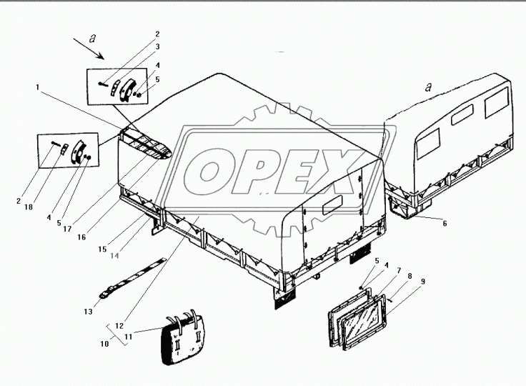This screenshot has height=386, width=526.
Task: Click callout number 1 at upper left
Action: (38, 87)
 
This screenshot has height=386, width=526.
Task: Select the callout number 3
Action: (157, 46)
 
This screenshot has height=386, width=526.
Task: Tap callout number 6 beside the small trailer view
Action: (445, 224)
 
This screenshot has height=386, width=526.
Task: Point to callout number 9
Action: (423, 281)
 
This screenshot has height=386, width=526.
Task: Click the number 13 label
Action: (88, 312)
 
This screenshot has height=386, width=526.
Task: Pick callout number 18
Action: (29, 207)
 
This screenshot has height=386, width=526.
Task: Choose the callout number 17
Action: (67, 229)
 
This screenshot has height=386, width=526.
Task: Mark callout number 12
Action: (119, 325)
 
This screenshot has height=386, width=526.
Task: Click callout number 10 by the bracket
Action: (104, 344)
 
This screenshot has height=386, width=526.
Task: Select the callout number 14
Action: (114, 256)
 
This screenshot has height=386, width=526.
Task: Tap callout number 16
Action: (81, 237)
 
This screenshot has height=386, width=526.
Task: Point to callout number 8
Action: (410, 276)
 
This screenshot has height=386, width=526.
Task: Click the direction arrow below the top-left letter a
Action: (89, 49)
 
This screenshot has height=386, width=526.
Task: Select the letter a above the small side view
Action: (428, 87)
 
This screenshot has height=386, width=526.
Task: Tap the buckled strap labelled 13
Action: (132, 277)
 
